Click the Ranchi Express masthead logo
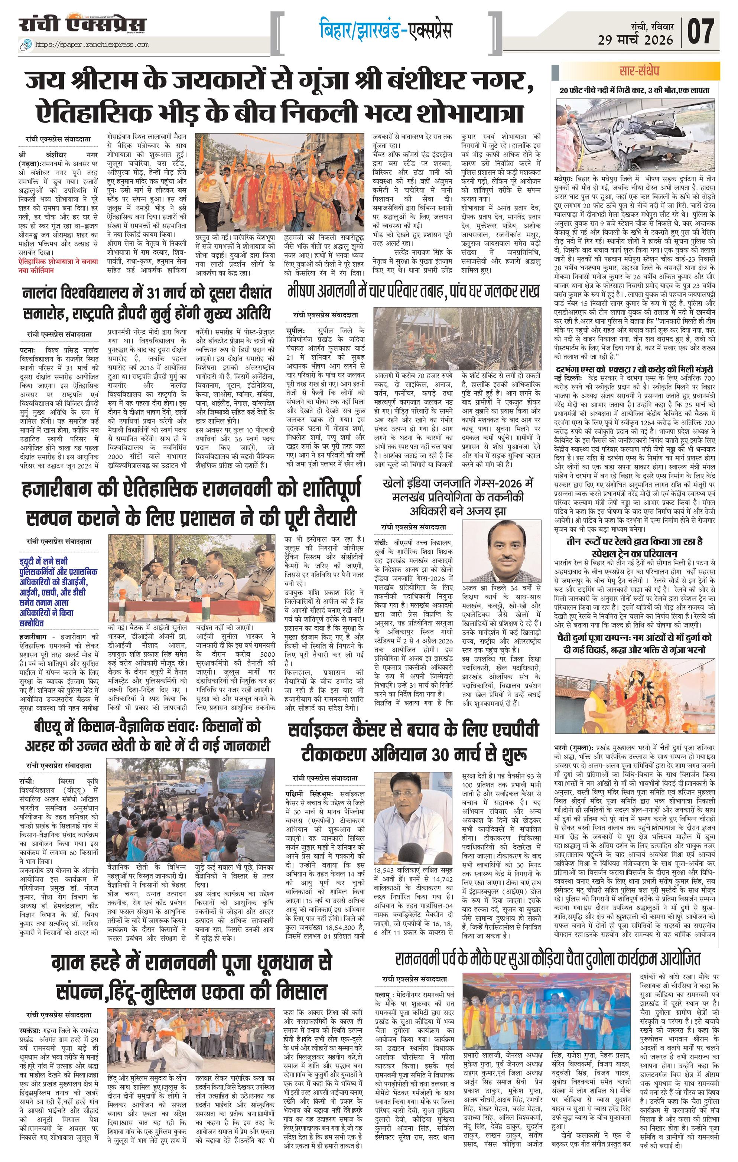click(x=82, y=26)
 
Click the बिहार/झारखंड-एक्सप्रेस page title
click(x=386, y=31)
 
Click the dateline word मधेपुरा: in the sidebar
click(x=564, y=179)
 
